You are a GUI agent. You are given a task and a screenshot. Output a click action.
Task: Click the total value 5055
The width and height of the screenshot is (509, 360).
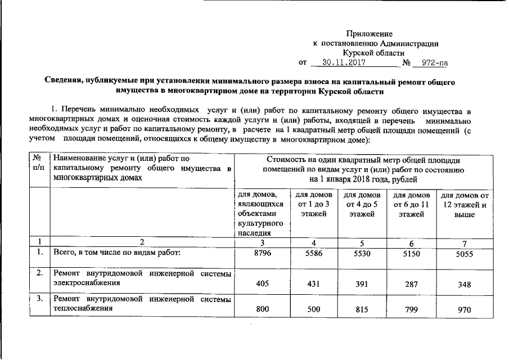tap(463, 254)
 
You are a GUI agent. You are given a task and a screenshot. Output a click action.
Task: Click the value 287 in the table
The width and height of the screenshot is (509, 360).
tap(408, 285)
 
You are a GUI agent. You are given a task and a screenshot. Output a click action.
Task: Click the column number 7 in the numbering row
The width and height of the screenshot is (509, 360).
tap(463, 242)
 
